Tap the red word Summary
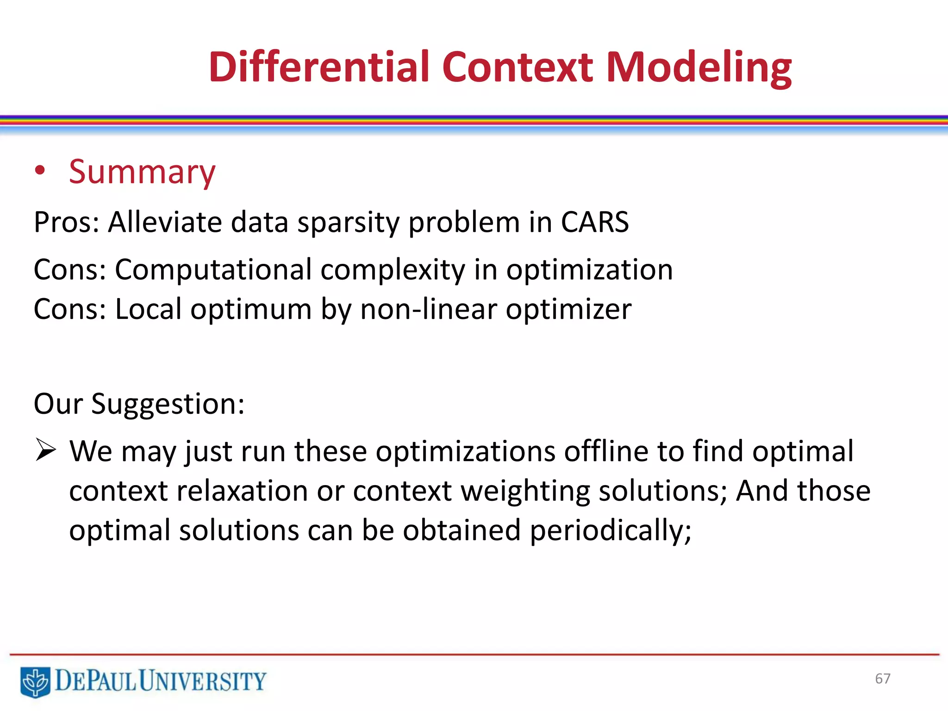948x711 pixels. [x=142, y=172]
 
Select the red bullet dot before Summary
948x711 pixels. [x=40, y=171]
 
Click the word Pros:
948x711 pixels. [x=67, y=222]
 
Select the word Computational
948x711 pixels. [x=213, y=270]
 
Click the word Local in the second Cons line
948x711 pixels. [x=148, y=309]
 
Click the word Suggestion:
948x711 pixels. [x=168, y=404]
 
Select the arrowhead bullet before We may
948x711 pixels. [x=46, y=450]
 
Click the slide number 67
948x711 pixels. [x=882, y=679]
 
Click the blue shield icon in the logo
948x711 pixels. [x=35, y=681]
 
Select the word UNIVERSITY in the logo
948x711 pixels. [x=202, y=681]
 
